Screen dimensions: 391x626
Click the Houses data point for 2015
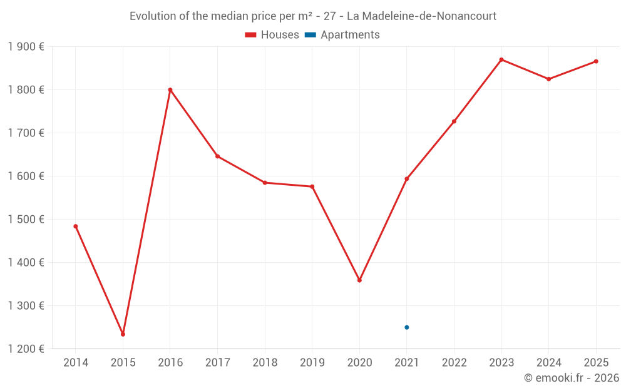pyautogui.click(x=123, y=334)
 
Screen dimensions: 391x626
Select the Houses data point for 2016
pyautogui.click(x=170, y=90)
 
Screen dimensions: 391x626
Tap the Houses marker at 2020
pyautogui.click(x=359, y=280)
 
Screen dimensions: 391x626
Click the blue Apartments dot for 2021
pyautogui.click(x=407, y=327)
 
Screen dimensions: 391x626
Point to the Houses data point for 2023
pyautogui.click(x=501, y=59)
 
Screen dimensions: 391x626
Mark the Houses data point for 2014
pyautogui.click(x=76, y=226)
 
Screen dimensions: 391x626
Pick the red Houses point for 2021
pyautogui.click(x=407, y=179)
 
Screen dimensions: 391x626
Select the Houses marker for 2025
pyautogui.click(x=596, y=61)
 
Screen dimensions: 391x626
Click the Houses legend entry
pyautogui.click(x=272, y=35)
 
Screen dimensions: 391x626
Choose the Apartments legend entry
pyautogui.click(x=342, y=35)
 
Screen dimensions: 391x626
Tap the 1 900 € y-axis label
pyautogui.click(x=26, y=47)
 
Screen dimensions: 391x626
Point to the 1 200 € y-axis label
pyautogui.click(x=26, y=349)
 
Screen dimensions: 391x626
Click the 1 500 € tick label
pyautogui.click(x=26, y=220)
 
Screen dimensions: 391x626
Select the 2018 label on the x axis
pyautogui.click(x=265, y=363)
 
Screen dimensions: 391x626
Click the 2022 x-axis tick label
pyautogui.click(x=454, y=363)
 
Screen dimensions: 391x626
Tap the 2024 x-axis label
pyautogui.click(x=548, y=363)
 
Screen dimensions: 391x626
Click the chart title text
pyautogui.click(x=313, y=16)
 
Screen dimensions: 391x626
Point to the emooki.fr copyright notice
pyautogui.click(x=571, y=378)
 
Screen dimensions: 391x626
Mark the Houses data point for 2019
pyautogui.click(x=312, y=186)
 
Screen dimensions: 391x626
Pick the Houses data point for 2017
pyautogui.click(x=217, y=156)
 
